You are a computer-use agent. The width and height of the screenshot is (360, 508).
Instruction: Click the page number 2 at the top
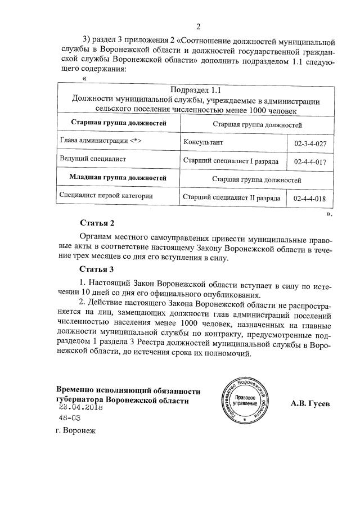(198, 26)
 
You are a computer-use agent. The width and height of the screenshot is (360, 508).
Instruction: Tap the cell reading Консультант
(203, 142)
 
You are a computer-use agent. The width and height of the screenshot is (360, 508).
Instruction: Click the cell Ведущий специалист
(92, 159)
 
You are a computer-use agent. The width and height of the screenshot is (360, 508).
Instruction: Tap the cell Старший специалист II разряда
(232, 198)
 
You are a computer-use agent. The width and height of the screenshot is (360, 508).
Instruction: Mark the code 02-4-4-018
(310, 199)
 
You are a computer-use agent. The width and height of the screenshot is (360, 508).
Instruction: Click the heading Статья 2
(97, 223)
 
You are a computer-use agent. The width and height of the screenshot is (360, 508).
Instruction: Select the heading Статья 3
(97, 269)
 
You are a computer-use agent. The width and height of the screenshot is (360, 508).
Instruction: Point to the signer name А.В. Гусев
(311, 403)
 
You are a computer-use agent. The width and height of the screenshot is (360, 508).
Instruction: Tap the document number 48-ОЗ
(70, 419)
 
